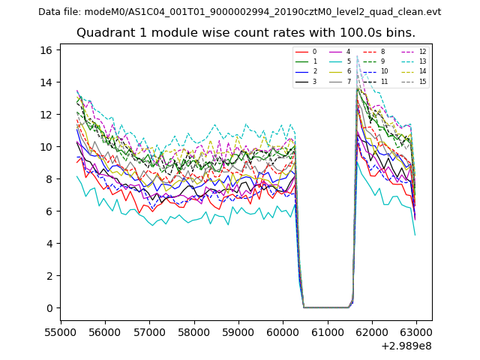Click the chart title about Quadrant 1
point(245,33)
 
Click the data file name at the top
point(239,11)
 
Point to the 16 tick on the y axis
point(46,50)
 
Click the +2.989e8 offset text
point(406,346)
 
